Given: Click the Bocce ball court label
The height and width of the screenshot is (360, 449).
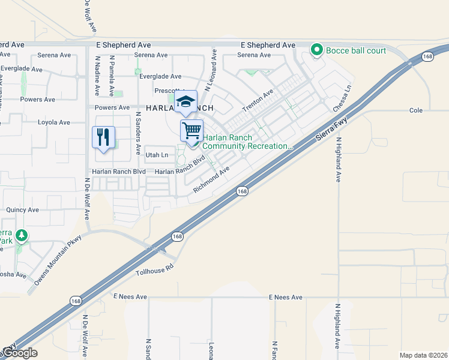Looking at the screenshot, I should pos(356,50).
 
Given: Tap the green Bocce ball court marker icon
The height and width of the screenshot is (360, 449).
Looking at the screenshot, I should pos(316,50).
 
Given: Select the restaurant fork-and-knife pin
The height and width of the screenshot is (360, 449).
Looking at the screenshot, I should pos(103,138).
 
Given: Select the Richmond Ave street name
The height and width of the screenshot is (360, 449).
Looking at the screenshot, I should pos(211,179).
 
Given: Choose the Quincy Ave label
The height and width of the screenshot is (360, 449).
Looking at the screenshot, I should pos(22,210).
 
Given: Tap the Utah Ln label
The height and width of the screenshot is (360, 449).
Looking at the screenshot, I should pos(157,155).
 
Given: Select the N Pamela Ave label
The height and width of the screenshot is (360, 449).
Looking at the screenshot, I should pos(112,76).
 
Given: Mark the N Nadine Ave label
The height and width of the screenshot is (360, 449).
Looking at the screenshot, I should pos(97,76).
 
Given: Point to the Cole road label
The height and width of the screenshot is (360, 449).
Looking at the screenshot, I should pos(416,110).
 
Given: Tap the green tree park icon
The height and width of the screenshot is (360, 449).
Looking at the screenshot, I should pos(22,235).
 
